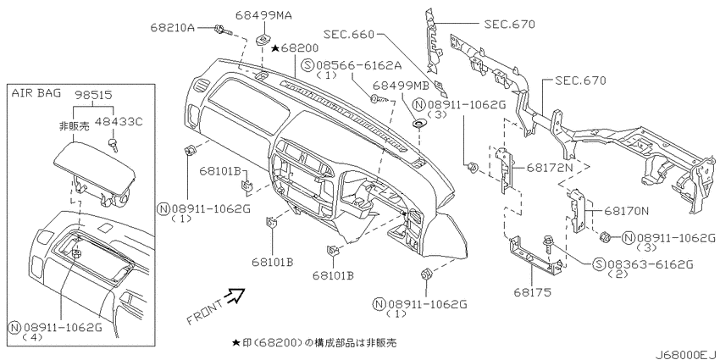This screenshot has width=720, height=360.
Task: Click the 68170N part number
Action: [x=626, y=210]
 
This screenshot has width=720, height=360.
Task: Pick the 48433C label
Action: [x=123, y=122]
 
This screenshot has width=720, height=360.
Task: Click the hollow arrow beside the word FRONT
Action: [x=234, y=296]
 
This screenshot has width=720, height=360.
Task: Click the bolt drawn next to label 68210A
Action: [x=220, y=30]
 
